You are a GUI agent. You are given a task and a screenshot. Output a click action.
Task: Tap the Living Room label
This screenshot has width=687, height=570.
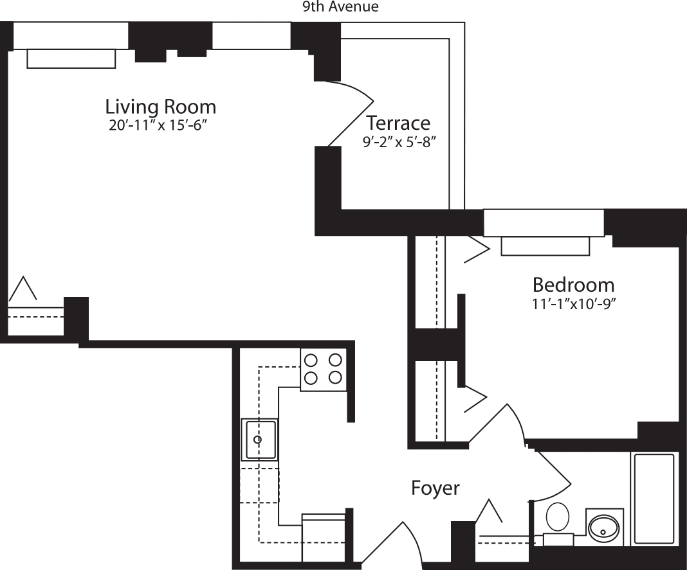point(160,106)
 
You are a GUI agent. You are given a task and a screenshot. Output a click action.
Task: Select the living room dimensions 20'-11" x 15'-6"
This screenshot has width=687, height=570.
point(160,125)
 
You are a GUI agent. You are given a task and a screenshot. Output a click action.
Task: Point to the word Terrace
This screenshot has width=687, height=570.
point(398,122)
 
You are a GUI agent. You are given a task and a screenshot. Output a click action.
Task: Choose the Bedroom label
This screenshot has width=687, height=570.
point(573,285)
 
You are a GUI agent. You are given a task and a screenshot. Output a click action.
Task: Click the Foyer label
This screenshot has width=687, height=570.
point(435,488)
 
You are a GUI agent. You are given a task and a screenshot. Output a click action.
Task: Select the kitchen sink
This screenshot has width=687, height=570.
point(260,440)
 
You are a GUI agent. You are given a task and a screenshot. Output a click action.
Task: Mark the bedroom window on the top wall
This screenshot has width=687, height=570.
point(544,222)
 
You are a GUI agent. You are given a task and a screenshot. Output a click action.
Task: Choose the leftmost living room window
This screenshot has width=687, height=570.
point(71,35)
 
